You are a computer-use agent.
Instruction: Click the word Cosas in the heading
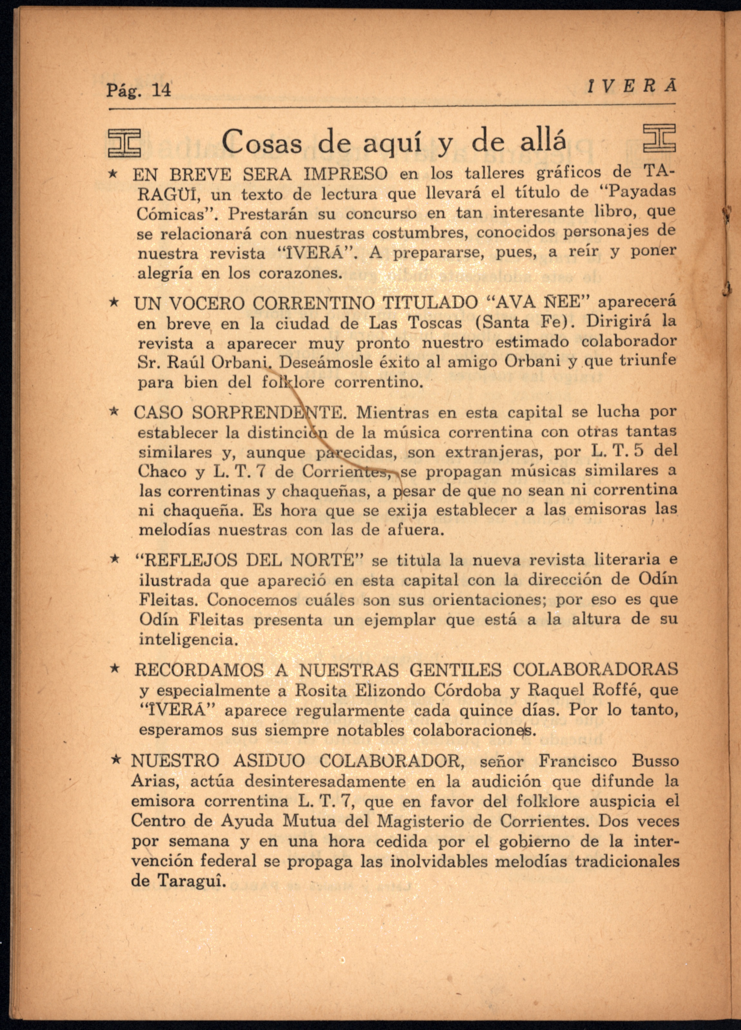[262, 143]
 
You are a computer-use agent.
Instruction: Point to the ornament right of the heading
[659, 138]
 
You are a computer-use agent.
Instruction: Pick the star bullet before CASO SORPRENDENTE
[115, 412]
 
